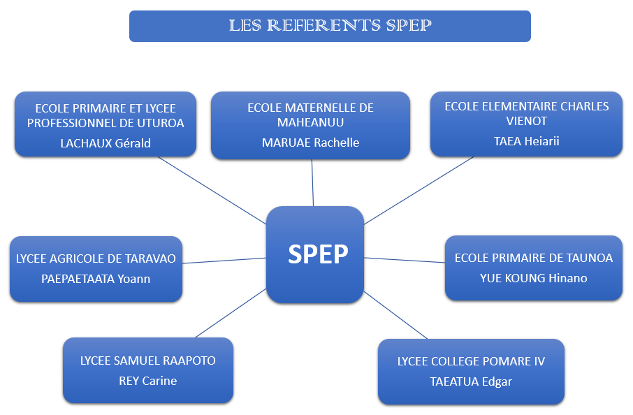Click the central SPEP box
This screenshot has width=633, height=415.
pyautogui.click(x=315, y=254)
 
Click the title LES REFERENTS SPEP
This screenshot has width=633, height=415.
pyautogui.click(x=330, y=26)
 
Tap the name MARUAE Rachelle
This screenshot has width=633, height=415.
pyautogui.click(x=310, y=143)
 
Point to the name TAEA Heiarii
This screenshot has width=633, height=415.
pyautogui.click(x=526, y=141)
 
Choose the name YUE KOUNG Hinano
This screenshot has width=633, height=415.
pyautogui.click(x=533, y=278)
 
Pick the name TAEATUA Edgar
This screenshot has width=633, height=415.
pyautogui.click(x=470, y=381)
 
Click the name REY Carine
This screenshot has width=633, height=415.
pyautogui.click(x=147, y=381)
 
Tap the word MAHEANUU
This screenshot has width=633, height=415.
pyautogui.click(x=310, y=123)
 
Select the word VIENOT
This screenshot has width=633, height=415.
pyautogui.click(x=526, y=121)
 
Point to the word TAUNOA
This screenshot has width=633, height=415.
pyautogui.click(x=588, y=258)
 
